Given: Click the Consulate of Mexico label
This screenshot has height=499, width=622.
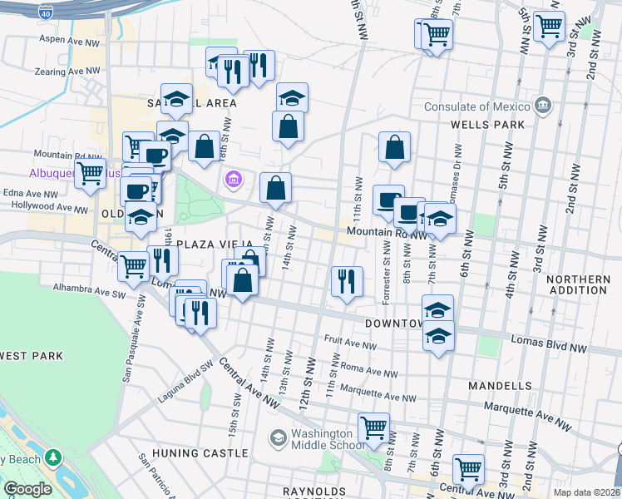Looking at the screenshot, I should tap(476, 106).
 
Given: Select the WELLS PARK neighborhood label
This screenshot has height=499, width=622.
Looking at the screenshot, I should tap(486, 124).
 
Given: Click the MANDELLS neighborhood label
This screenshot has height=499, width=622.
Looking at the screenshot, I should tap(499, 386).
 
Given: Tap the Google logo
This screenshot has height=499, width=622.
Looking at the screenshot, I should tap(27, 489).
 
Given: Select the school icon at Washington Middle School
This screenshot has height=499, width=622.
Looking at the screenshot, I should tap(278, 437).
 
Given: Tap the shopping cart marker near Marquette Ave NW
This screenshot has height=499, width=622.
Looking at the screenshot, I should tap(374, 428).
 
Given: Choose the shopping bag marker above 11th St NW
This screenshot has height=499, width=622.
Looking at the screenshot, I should tap(394, 147).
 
